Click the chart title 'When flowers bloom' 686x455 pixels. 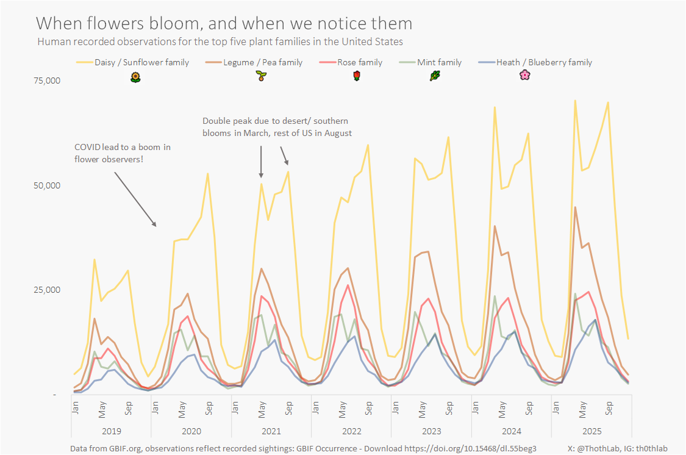coord(224,24)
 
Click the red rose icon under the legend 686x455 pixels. coord(357,76)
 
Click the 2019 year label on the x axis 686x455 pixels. coord(111,431)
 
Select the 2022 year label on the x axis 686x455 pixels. coord(351,431)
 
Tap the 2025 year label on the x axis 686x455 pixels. coord(591,431)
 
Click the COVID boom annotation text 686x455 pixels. coord(122,153)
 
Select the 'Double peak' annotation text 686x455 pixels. coord(277,127)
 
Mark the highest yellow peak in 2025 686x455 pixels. coord(575,101)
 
